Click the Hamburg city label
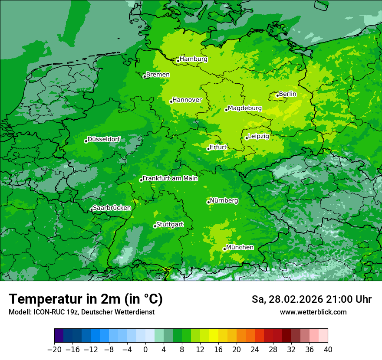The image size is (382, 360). (194, 59)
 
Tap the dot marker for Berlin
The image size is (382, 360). (277, 95)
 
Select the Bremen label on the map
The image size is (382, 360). (158, 75)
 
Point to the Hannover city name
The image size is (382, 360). (187, 100)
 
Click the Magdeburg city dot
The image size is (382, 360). (226, 110)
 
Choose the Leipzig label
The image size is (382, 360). (259, 136)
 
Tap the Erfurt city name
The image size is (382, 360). (218, 147)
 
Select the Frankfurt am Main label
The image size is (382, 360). (170, 178)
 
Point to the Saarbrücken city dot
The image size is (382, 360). (91, 209)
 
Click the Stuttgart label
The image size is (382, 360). (170, 224)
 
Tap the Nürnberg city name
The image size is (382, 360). (224, 201)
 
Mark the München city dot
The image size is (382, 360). (224, 249)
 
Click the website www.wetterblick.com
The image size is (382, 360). (313, 312)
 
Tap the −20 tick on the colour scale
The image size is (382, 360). (54, 349)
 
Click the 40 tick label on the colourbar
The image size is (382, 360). (328, 349)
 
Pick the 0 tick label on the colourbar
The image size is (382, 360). (145, 349)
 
